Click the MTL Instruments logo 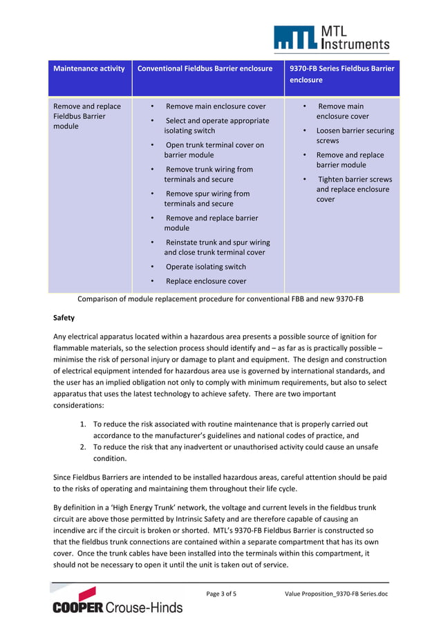(x=331, y=39)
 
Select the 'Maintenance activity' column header (x=89, y=68)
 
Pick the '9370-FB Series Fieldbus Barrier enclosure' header (x=341, y=74)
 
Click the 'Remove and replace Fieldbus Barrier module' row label (x=87, y=116)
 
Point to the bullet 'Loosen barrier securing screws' (x=355, y=135)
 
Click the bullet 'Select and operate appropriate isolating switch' (x=216, y=125)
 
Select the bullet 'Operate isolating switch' (x=205, y=267)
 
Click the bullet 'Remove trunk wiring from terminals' (x=208, y=174)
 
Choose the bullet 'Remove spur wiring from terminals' (x=207, y=198)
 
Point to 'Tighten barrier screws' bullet (x=353, y=189)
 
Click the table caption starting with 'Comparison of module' (x=220, y=300)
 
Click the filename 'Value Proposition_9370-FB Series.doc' (x=336, y=594)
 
